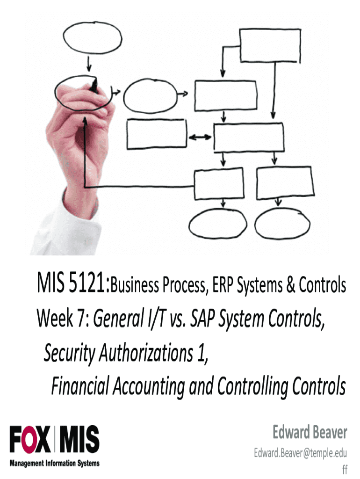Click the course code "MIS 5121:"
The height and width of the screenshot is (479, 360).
(x=74, y=284)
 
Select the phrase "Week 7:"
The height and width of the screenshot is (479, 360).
(x=63, y=319)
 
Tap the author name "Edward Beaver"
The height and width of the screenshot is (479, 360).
(x=310, y=433)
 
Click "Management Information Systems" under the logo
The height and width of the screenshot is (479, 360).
(x=55, y=464)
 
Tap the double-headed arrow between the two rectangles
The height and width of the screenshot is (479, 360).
(x=200, y=137)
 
